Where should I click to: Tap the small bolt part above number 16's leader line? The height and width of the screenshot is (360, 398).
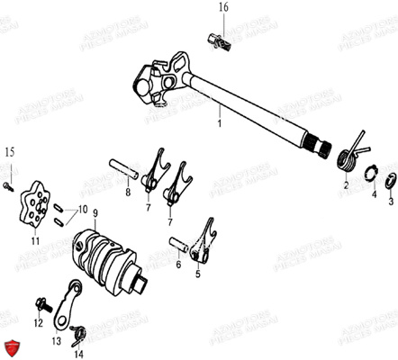point(217,38)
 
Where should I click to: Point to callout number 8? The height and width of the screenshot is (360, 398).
point(127,192)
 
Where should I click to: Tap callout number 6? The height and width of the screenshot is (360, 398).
point(179,265)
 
